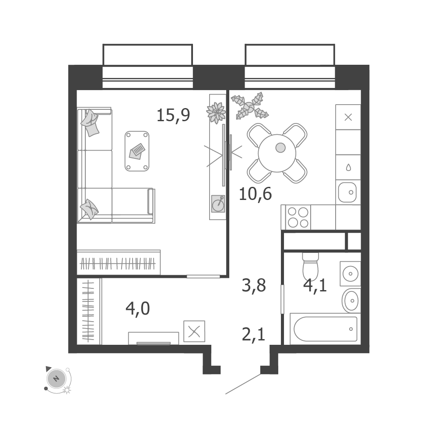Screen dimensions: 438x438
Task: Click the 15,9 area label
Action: point(173,115)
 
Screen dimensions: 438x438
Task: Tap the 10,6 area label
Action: point(255,194)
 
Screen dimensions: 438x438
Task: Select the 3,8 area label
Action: point(254,285)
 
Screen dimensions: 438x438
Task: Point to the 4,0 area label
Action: point(138,308)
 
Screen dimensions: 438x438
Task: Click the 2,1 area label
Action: point(253,334)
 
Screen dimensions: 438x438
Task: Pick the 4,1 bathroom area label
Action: point(315,285)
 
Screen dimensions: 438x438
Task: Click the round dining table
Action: point(277,153)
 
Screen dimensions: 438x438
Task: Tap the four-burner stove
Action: point(298,217)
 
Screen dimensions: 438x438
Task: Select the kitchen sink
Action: point(347,192)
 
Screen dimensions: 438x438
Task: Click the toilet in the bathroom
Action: point(310,266)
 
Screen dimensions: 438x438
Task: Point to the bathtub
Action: point(325,329)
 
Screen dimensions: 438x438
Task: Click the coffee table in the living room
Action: point(137,151)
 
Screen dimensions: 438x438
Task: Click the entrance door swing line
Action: point(243,384)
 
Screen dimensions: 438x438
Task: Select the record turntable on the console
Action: point(218,203)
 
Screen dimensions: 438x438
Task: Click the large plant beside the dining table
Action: point(249,106)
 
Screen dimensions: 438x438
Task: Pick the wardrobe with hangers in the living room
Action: point(119,262)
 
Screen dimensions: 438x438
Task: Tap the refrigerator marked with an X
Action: point(348,117)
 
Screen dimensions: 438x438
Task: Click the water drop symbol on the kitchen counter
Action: point(348,167)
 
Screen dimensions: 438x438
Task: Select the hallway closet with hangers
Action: point(88,312)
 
